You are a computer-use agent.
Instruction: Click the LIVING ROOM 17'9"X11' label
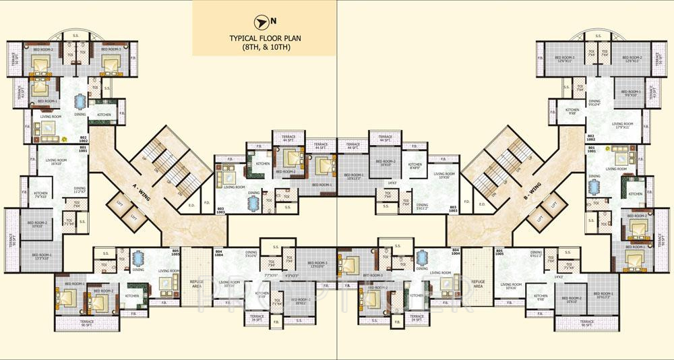click(622, 125)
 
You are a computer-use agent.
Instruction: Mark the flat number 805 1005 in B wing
click(499, 253)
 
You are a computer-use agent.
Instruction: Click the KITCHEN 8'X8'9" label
click(415, 166)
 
